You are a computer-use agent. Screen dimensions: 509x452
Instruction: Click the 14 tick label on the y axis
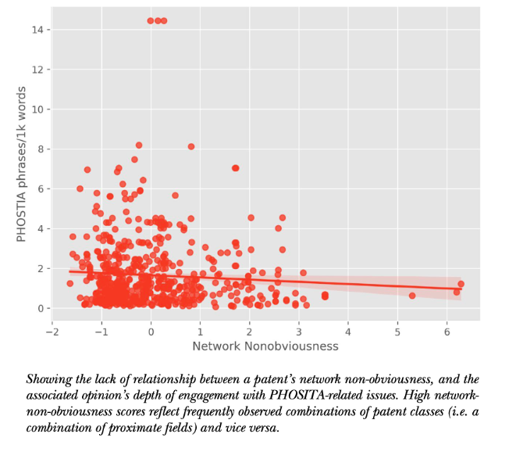tap(37, 30)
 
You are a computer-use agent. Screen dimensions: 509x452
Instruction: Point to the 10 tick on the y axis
tap(49, 109)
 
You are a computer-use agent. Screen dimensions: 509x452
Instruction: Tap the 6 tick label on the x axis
tap(447, 332)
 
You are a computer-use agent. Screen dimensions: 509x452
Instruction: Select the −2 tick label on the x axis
tap(52, 332)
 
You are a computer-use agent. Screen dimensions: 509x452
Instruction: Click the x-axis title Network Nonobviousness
tap(265, 346)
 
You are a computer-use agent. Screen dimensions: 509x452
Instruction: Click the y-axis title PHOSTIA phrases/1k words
tap(21, 164)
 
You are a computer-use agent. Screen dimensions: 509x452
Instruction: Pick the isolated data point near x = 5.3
tap(412, 296)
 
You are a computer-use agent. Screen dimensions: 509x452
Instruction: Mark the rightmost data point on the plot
tap(461, 284)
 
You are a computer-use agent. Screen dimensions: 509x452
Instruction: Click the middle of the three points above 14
tap(158, 21)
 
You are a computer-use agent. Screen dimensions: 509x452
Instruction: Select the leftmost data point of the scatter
tap(69, 284)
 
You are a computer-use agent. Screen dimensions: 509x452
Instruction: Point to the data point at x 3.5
tap(325, 296)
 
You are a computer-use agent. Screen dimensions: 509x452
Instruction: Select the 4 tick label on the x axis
tap(348, 332)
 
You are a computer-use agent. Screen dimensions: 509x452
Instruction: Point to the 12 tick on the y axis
tap(49, 70)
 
